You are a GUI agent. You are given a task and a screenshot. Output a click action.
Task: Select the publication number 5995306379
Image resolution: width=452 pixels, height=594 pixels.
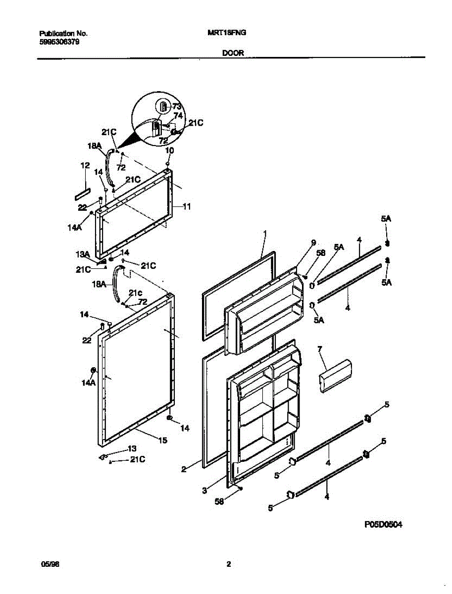point(60,42)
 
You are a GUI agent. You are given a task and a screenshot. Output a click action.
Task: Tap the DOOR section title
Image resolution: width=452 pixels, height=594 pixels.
point(233,52)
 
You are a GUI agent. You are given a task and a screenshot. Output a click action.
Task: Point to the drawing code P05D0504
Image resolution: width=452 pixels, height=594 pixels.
point(383,525)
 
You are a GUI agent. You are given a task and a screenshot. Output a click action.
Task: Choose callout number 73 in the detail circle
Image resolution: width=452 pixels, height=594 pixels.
point(177,106)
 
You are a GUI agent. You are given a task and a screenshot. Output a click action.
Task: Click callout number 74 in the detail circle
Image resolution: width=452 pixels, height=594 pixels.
point(178,116)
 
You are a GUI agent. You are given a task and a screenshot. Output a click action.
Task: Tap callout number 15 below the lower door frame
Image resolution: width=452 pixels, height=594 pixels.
point(162,440)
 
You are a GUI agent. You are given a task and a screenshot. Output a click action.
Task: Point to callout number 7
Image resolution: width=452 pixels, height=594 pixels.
point(320,349)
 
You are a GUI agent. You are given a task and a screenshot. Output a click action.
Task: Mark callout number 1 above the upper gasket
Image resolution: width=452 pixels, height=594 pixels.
point(265,233)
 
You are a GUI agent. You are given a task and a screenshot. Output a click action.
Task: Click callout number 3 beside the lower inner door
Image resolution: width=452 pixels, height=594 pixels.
point(204,491)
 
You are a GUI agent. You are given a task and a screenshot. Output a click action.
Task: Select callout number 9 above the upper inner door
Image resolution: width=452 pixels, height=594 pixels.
point(313,243)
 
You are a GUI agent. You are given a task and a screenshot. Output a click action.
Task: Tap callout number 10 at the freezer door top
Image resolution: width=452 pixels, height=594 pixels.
point(169,150)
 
